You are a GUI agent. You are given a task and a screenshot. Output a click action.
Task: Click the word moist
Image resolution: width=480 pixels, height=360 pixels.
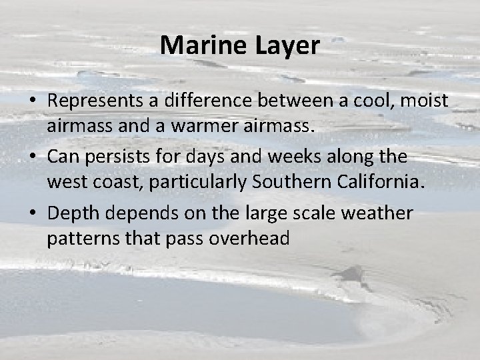[x=425, y=101]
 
